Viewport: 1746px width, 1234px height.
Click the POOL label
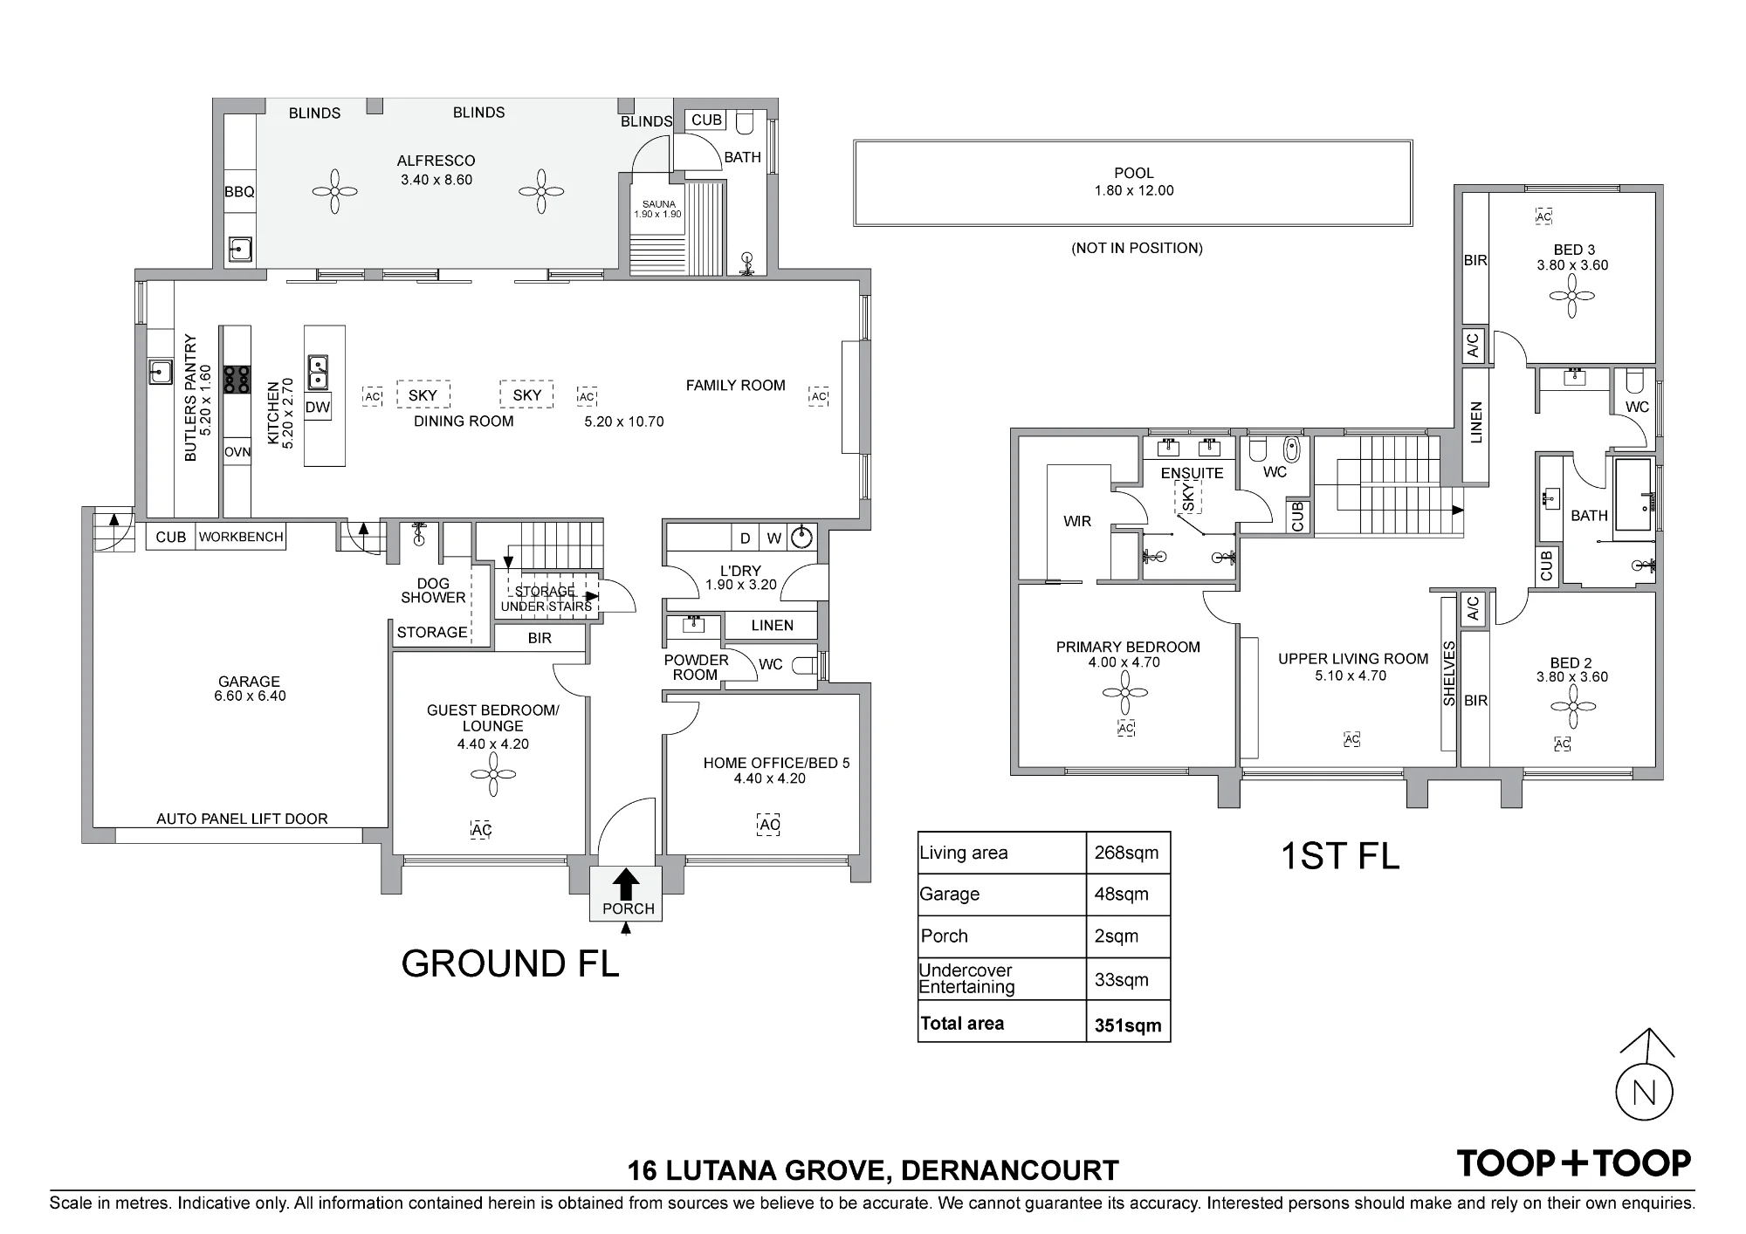click(1134, 173)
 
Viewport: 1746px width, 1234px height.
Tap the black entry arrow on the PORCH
click(625, 884)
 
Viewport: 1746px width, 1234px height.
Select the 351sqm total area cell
click(1128, 1025)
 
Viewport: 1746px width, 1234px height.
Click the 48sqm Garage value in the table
click(1121, 895)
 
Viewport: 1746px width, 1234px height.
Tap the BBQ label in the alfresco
click(239, 192)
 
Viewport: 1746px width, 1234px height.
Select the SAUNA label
click(659, 204)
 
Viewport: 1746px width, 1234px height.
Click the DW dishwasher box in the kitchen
click(318, 407)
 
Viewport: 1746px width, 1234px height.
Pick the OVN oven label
click(237, 452)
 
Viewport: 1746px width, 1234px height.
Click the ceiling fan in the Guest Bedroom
click(493, 774)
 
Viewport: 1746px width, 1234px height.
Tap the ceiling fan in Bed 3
click(1572, 296)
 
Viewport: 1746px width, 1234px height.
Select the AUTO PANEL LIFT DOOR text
click(242, 819)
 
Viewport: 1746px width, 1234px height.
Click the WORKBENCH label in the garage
click(241, 537)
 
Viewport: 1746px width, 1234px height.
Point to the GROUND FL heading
click(510, 963)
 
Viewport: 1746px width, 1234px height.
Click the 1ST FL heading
click(1340, 855)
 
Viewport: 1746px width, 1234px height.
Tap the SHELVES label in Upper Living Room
click(1449, 674)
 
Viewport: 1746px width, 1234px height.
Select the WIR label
click(1077, 521)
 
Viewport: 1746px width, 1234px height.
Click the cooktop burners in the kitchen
click(236, 380)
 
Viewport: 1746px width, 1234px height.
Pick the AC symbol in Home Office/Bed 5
click(769, 825)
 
